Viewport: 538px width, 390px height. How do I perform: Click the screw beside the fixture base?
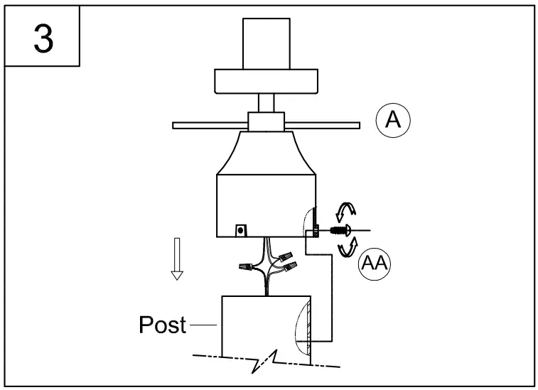point(338,229)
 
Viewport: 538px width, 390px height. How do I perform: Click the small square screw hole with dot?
point(242,230)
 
